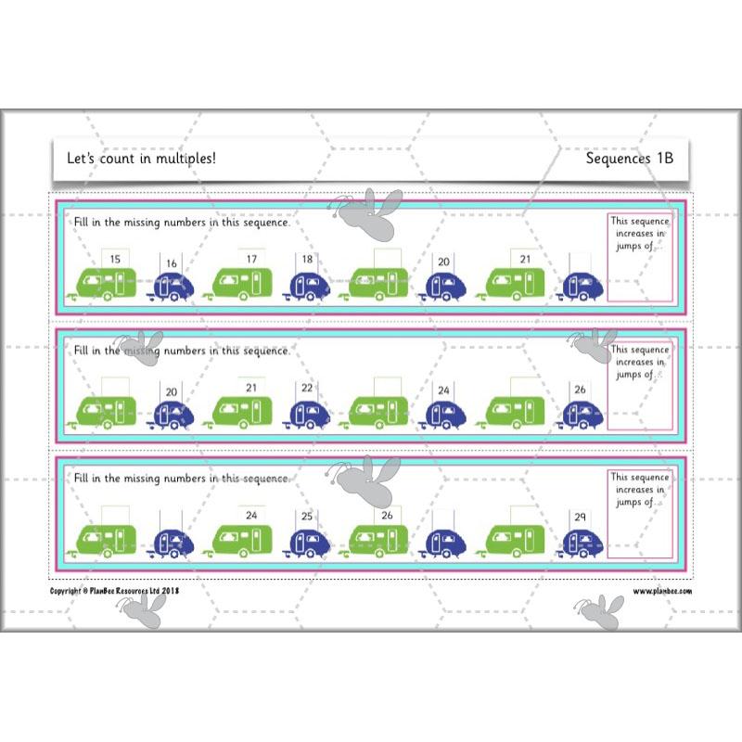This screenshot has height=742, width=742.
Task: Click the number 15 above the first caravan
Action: (114, 260)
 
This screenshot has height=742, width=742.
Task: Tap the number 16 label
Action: (172, 263)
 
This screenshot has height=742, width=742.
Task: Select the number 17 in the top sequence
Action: (251, 260)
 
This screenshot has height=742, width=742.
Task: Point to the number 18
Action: (307, 260)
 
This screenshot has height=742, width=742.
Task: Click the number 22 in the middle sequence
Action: (307, 389)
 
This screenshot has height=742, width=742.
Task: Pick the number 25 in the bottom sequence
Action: (307, 516)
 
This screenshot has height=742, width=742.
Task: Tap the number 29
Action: (580, 516)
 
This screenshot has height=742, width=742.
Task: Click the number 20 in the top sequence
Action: (443, 262)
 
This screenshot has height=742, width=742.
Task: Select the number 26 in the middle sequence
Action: (580, 390)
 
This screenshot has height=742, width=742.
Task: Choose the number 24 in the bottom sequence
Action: (251, 515)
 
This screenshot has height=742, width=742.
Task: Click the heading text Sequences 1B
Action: (629, 159)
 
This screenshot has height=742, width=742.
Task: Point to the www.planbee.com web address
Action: (662, 591)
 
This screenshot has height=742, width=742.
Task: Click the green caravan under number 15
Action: (104, 283)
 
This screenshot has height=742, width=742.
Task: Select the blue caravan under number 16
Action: (173, 288)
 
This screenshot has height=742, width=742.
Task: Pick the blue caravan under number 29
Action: (582, 543)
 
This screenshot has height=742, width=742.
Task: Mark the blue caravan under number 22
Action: (310, 415)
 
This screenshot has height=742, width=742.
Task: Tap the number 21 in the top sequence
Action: (525, 260)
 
